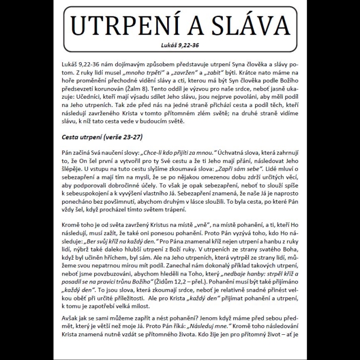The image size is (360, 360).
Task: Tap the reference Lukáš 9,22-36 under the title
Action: [179, 45]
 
